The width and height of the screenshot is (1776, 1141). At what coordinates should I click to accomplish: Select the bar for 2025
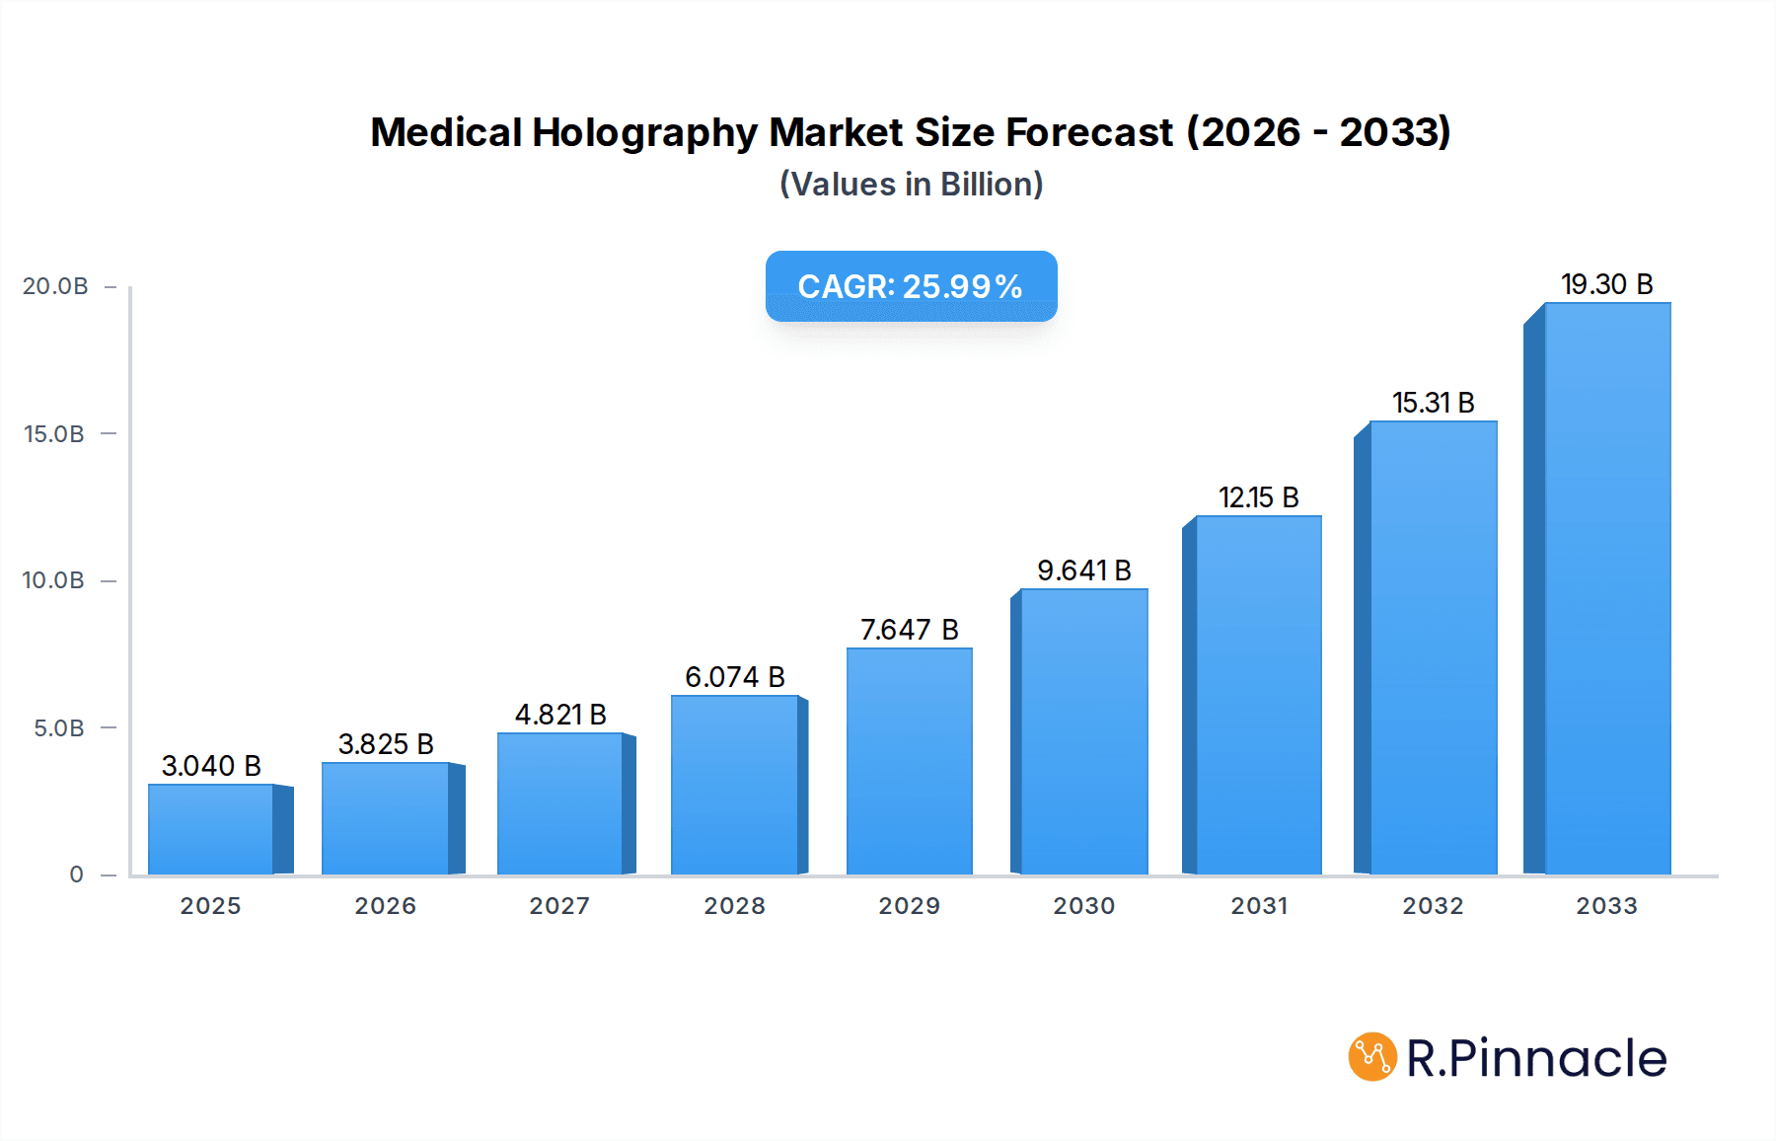pos(211,829)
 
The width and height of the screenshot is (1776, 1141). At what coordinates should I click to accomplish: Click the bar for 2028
pos(735,785)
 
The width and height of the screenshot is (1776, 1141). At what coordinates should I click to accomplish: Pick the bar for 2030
pos(1084,731)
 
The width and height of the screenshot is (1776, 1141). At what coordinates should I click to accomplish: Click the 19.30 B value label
pos(1606,284)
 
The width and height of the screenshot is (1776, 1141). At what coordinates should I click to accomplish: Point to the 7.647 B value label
pos(909,630)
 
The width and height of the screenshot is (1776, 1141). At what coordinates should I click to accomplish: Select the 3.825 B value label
pos(386,744)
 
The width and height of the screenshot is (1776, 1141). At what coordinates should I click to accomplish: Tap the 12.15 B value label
pos(1258,497)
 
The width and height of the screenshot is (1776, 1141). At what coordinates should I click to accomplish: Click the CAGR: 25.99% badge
pos(911,286)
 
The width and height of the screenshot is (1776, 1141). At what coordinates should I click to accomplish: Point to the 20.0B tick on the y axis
pos(55,286)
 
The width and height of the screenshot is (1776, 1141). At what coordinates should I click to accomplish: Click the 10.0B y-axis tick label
pos(53,580)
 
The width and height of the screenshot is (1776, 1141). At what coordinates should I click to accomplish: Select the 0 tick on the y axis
pos(76,875)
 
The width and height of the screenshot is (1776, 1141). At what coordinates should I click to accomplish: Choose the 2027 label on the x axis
pos(559,906)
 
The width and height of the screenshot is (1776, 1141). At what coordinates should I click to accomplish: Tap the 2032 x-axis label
pos(1433,906)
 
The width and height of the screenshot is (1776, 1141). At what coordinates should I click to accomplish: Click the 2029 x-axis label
pos(909,906)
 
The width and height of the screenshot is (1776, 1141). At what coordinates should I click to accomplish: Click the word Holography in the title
pos(644,132)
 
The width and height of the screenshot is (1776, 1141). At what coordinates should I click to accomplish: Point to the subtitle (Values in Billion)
pos(911,185)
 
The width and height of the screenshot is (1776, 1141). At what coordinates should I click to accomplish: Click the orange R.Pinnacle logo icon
pos(1372,1057)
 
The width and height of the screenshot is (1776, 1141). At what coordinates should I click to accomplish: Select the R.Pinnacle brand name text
pos(1536,1058)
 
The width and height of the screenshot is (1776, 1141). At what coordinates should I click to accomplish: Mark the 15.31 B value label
pos(1433,403)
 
